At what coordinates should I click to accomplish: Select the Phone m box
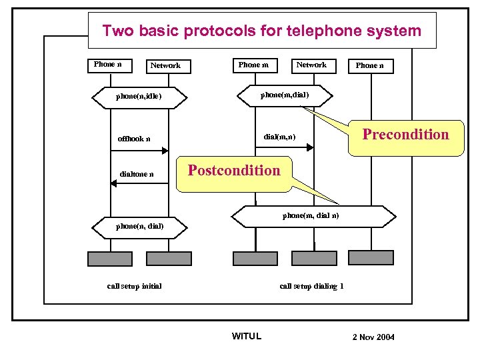pyautogui.click(x=253, y=65)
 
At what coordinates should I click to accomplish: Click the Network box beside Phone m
pyautogui.click(x=311, y=65)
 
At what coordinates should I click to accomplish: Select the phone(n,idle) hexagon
pyautogui.click(x=139, y=96)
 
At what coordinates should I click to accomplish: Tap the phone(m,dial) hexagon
pyautogui.click(x=285, y=95)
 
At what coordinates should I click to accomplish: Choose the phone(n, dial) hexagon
pyautogui.click(x=139, y=227)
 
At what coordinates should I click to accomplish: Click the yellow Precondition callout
pyautogui.click(x=405, y=136)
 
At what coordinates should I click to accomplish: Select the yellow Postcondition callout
pyautogui.click(x=234, y=171)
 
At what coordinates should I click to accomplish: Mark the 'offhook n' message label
pyautogui.click(x=134, y=139)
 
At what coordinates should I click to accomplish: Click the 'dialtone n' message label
pyautogui.click(x=137, y=175)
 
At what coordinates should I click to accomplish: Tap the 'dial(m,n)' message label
pyautogui.click(x=279, y=137)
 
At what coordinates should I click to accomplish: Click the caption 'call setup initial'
pyautogui.click(x=134, y=286)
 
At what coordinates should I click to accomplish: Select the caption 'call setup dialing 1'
pyautogui.click(x=311, y=286)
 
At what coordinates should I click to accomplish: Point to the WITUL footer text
pyautogui.click(x=246, y=336)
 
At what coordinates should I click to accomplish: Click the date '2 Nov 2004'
pyautogui.click(x=373, y=337)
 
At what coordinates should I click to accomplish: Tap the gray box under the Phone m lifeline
pyautogui.click(x=255, y=259)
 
